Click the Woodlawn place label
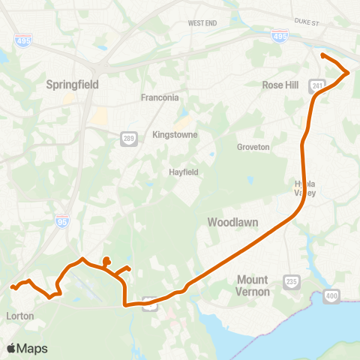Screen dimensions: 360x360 (x=234, y=223)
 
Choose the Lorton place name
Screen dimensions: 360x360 (x=19, y=316)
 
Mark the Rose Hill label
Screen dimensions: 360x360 (x=280, y=85)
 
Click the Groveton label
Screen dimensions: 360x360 (x=253, y=147)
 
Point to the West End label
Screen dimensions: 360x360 (x=202, y=23)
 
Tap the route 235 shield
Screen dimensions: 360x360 (x=290, y=280)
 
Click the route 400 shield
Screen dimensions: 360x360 (x=332, y=297)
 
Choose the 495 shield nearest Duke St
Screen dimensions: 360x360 (x=279, y=34)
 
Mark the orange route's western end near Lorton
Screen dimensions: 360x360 (x=11, y=286)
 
